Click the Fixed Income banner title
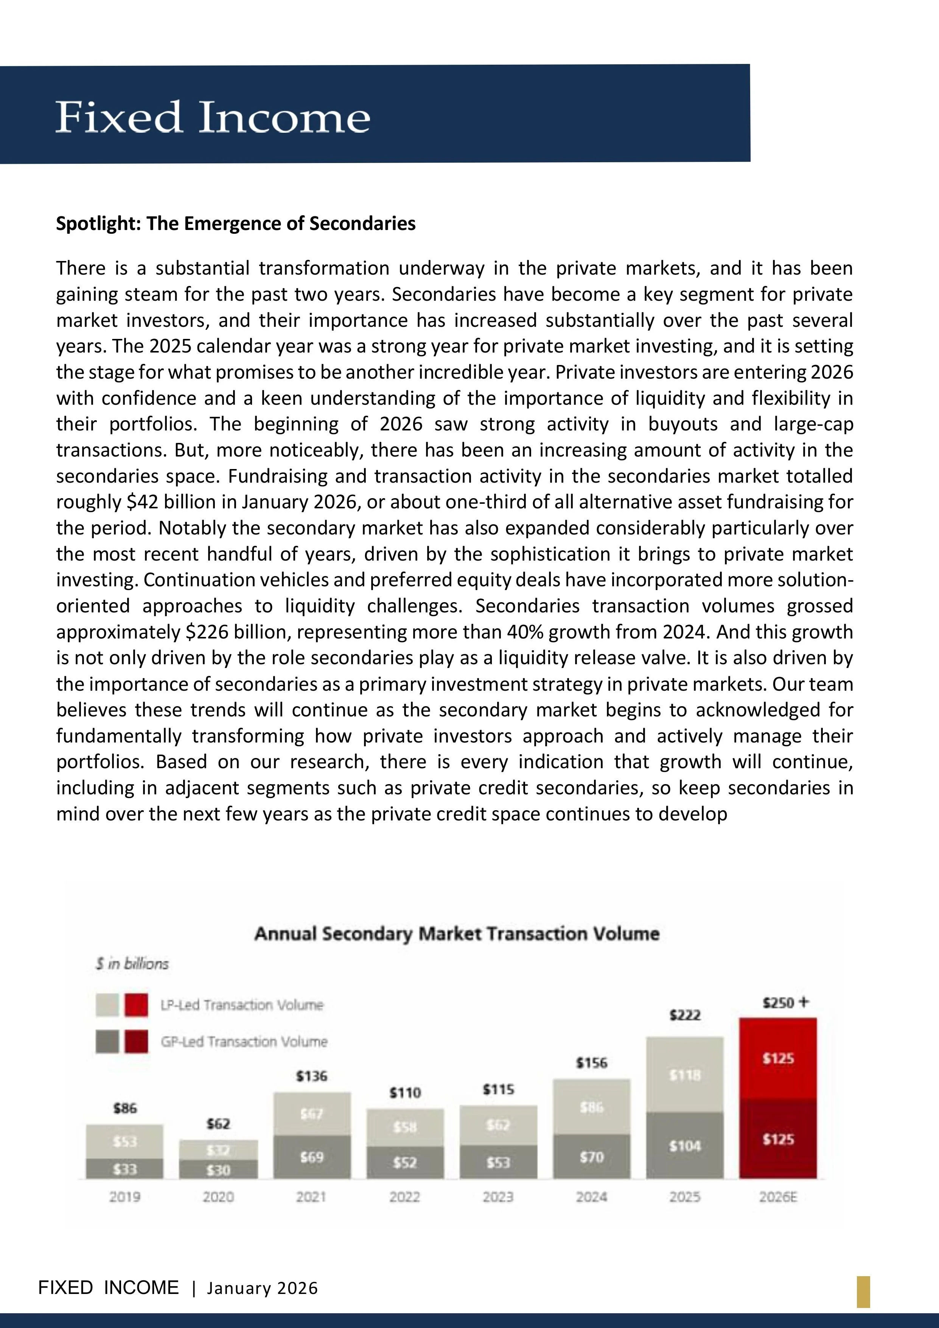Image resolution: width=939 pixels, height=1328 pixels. pos(212,117)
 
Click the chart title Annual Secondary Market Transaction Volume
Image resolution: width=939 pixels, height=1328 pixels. pos(457,933)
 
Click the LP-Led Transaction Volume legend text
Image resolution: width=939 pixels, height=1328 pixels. pos(242,1005)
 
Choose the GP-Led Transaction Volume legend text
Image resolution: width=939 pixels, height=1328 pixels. pos(244,1042)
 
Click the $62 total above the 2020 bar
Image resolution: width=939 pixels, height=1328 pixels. pos(218,1124)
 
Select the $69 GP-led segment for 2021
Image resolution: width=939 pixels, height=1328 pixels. pos(312,1157)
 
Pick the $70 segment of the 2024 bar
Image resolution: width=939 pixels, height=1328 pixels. pos(591,1157)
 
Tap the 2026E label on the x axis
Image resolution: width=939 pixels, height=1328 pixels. pos(778,1197)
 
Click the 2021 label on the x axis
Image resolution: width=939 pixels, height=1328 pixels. pos(312,1197)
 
